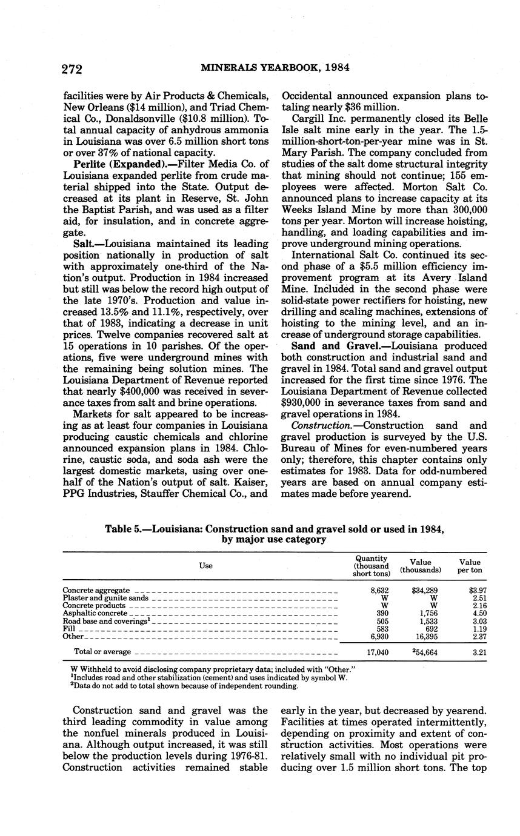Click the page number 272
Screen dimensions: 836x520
pos(72,68)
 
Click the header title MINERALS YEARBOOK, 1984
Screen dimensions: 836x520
pos(275,68)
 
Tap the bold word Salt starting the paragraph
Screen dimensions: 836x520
pos(83,242)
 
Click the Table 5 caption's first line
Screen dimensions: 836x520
pos(275,528)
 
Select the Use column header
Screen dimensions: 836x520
pos(205,566)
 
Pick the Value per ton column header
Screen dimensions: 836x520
pos(470,566)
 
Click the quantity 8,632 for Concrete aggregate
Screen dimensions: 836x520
pos(379,590)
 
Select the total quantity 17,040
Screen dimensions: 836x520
pos(378,652)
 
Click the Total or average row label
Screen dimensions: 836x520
pos(102,652)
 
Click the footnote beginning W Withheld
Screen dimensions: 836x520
pos(213,669)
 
